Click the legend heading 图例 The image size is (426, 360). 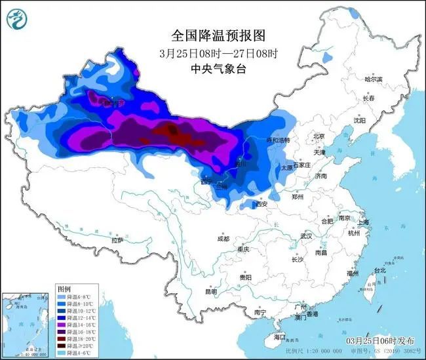coord(64,289)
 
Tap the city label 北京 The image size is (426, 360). coord(319,136)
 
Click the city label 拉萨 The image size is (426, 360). coord(117,241)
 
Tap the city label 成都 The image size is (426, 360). coord(222,238)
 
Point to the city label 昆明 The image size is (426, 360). coord(210,292)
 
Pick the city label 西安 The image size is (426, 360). coord(261,205)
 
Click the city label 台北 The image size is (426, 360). coord(379,270)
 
